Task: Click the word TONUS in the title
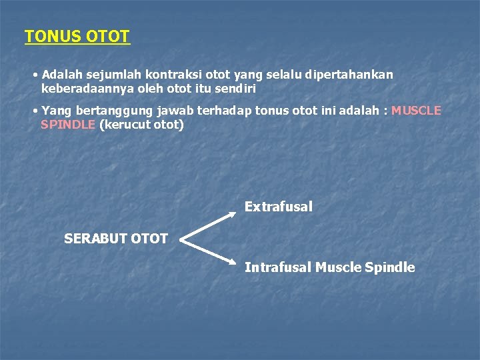pos(53,36)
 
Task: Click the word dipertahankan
pos(349,75)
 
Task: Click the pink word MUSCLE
pos(416,111)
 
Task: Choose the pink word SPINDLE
pos(67,124)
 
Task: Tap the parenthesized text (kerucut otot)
pos(141,124)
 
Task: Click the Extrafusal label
pos(278,207)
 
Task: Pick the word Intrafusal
pos(277,267)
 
